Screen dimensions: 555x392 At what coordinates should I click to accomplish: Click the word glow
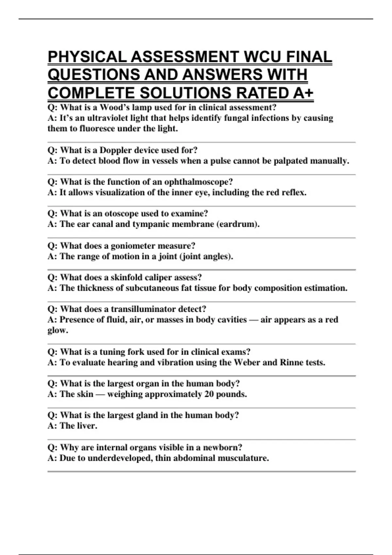(58, 330)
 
